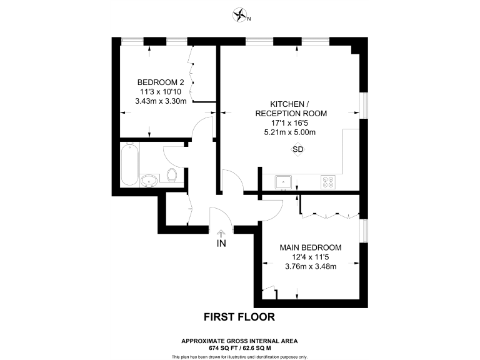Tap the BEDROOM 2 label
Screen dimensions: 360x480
(x=161, y=82)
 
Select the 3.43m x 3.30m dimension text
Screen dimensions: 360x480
(x=161, y=101)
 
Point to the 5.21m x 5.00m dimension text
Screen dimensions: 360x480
(x=290, y=132)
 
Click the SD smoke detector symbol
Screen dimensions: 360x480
(x=298, y=150)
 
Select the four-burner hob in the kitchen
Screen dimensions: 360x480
(x=327, y=182)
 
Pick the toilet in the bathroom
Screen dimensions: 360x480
(x=172, y=176)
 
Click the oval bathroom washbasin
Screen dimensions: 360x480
(x=149, y=181)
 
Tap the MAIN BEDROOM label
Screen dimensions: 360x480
(x=311, y=247)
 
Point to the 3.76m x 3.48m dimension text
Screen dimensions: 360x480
(x=311, y=267)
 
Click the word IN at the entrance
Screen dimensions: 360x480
(x=221, y=243)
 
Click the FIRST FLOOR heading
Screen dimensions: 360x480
(x=239, y=317)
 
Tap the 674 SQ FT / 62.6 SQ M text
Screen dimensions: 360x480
(x=239, y=347)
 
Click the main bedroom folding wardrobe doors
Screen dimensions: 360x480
(x=329, y=214)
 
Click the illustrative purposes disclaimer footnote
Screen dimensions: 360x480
(x=239, y=356)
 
